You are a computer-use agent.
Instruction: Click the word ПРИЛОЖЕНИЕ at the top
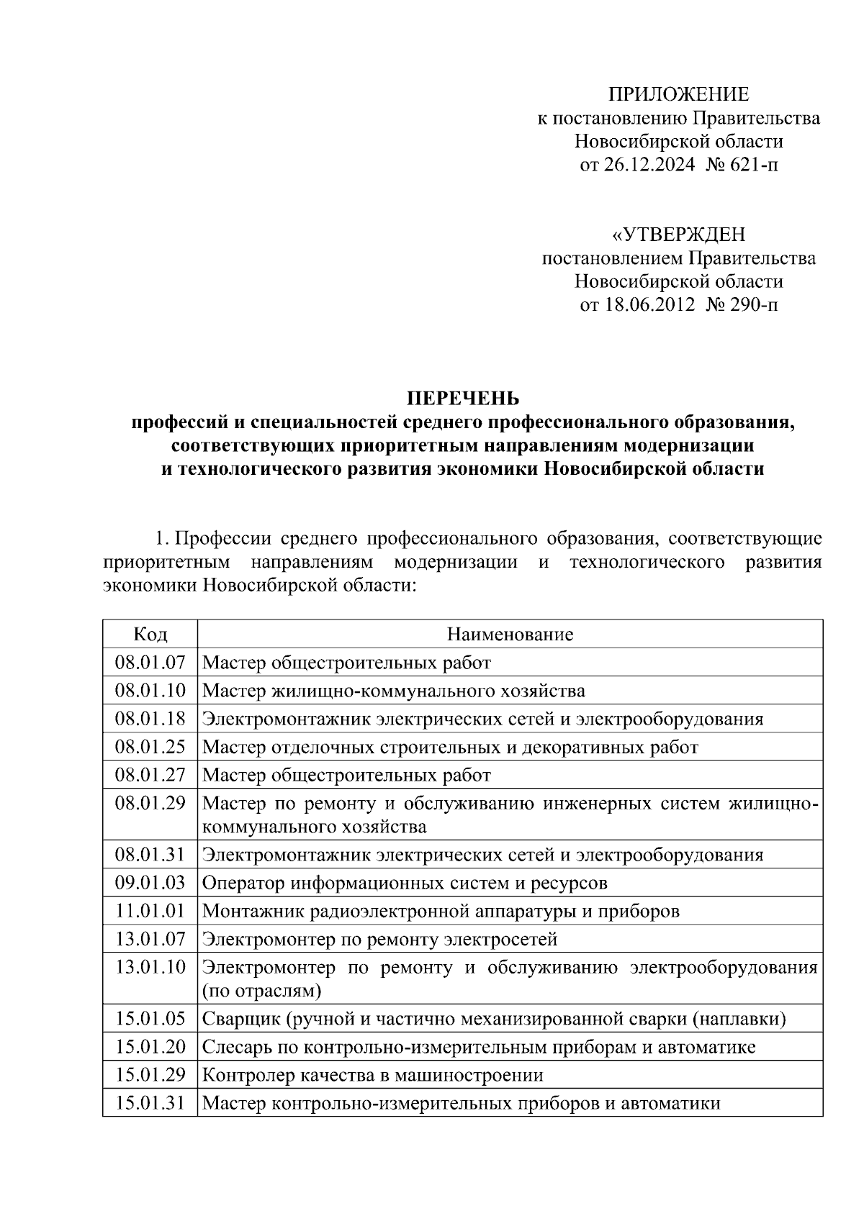click(x=679, y=94)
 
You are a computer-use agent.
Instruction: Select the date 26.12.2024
click(x=649, y=165)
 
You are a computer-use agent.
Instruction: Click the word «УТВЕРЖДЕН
click(x=678, y=235)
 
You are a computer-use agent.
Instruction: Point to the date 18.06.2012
click(x=649, y=305)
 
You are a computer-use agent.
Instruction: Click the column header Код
click(x=150, y=634)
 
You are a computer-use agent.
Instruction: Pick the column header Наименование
click(x=510, y=634)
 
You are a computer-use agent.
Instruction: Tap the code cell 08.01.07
click(x=150, y=662)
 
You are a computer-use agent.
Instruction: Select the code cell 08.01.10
click(x=150, y=691)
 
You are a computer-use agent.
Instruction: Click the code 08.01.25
click(x=150, y=747)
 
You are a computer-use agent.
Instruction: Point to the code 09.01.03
click(x=150, y=882)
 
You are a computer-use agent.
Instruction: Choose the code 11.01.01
click(x=150, y=911)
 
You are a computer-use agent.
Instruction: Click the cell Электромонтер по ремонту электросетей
click(x=380, y=939)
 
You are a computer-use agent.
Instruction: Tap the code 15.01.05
click(x=150, y=1019)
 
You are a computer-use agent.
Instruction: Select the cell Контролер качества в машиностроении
click(x=373, y=1075)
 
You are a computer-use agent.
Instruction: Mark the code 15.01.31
click(x=150, y=1103)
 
